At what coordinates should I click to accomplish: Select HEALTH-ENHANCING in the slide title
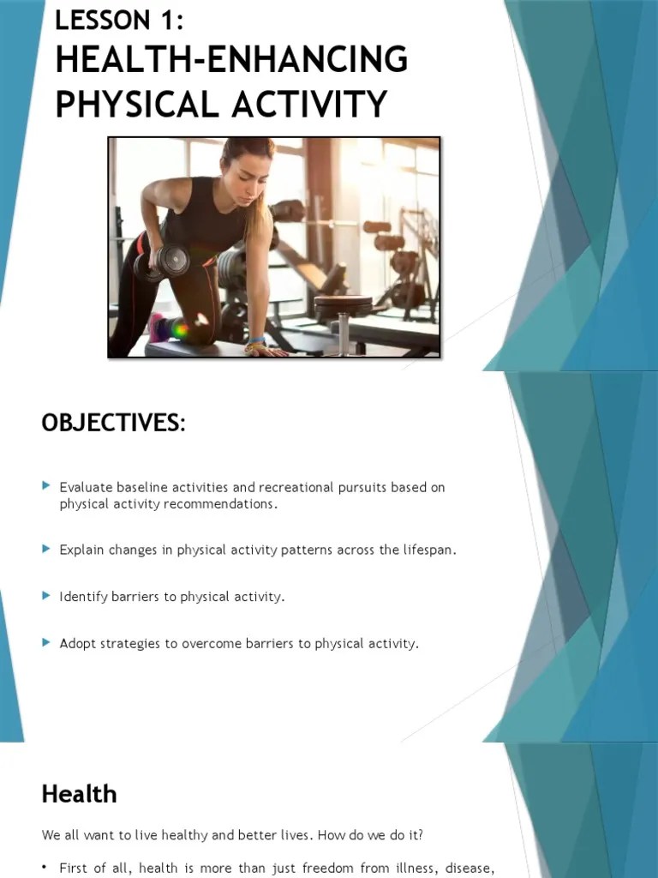[x=231, y=61]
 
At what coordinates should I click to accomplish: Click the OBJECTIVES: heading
[x=112, y=423]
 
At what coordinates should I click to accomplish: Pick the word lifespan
[x=428, y=550]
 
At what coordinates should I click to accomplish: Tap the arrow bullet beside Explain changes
[x=46, y=549]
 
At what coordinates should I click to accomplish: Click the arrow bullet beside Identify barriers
[x=46, y=595]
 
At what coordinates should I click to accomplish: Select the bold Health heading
[x=79, y=794]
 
